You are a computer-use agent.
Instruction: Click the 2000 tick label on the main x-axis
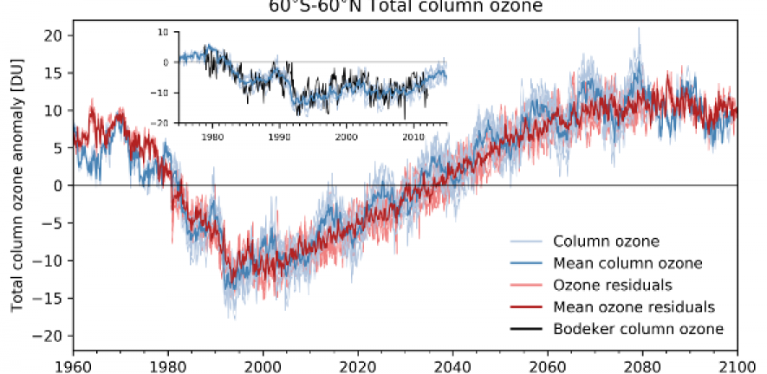tap(263, 364)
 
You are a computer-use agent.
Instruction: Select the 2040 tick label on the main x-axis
tap(452, 364)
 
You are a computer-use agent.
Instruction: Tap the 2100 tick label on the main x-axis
tap(737, 364)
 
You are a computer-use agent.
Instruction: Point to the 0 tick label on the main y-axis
tap(56, 186)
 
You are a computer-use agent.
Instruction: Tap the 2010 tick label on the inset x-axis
tap(413, 136)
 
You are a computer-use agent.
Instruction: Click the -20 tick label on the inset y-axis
tap(165, 123)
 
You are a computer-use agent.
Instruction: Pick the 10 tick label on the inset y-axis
tap(167, 32)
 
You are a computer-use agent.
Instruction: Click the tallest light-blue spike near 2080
tap(640, 29)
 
